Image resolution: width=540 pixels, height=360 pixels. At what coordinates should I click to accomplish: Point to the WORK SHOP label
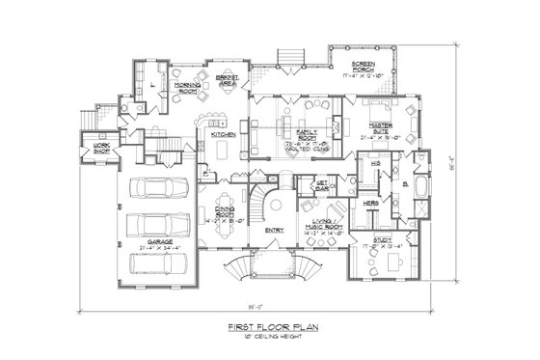click(100, 148)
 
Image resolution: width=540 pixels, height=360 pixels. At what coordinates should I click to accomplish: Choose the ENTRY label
click(274, 230)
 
